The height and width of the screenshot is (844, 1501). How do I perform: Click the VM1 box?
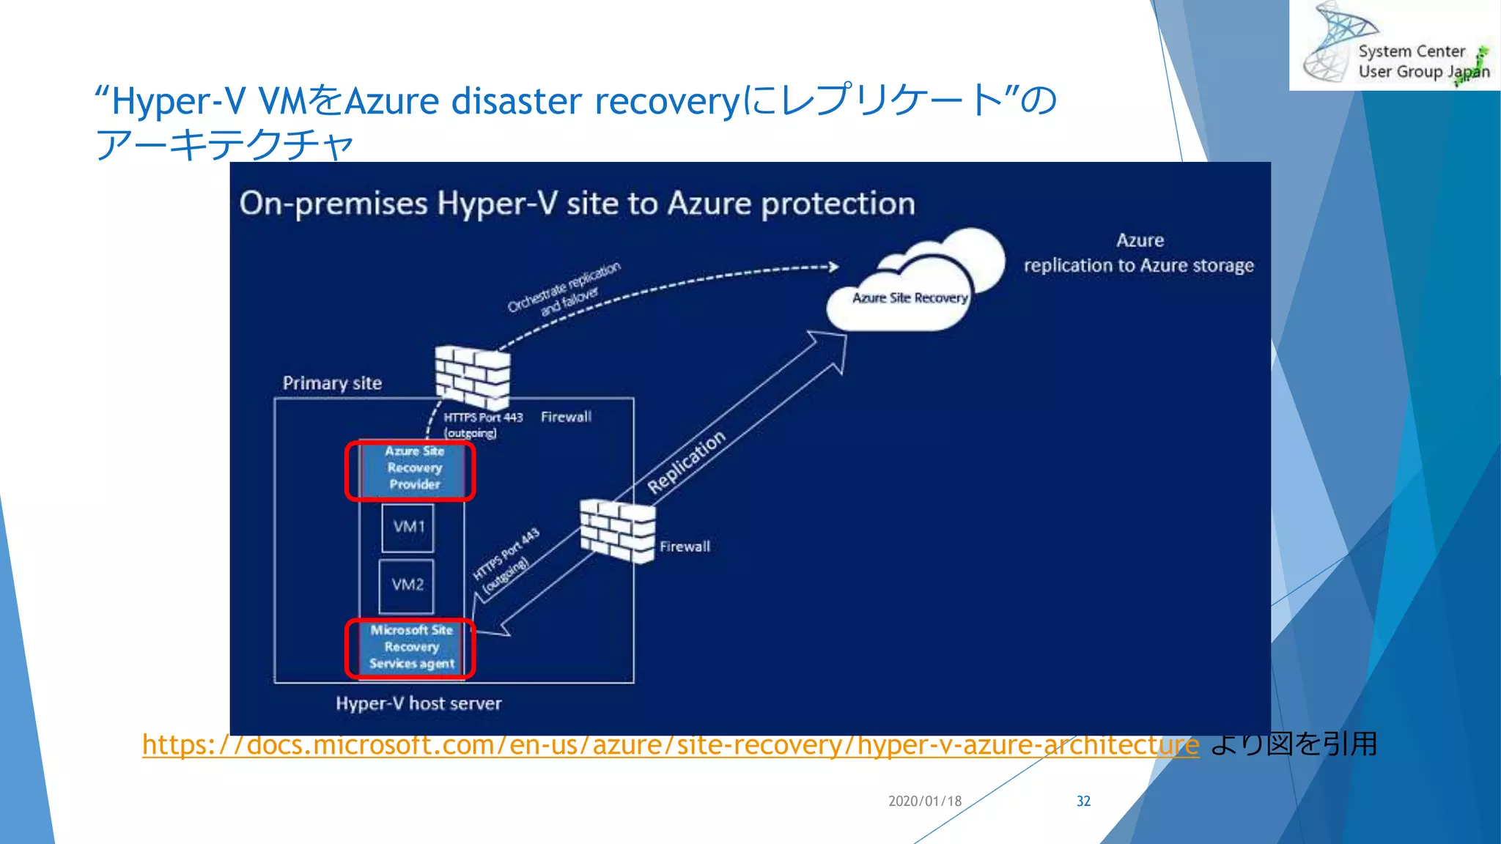pos(407,527)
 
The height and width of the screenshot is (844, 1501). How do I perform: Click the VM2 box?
pos(407,585)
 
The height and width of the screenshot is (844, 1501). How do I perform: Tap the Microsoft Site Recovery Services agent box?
pos(411,648)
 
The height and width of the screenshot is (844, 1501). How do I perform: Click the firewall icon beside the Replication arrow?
pos(617,530)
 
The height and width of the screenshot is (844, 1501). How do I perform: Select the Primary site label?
pos(332,383)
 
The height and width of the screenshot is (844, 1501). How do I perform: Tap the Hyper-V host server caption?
pos(418,703)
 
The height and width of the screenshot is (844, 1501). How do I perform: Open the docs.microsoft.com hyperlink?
pos(670,745)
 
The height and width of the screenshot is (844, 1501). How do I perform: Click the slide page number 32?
pos(1083,801)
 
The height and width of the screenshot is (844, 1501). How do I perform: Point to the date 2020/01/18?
pos(924,801)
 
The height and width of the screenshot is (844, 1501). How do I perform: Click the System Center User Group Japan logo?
pos(1394,45)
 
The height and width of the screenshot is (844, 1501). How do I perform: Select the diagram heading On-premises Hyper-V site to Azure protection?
pos(577,204)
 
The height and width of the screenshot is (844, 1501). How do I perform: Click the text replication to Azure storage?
pos(1138,265)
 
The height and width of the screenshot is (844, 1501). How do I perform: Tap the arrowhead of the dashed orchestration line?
pos(833,267)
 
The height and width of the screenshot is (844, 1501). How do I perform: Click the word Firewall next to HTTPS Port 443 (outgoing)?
pos(566,417)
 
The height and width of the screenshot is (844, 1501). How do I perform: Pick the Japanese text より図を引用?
pos(1294,744)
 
